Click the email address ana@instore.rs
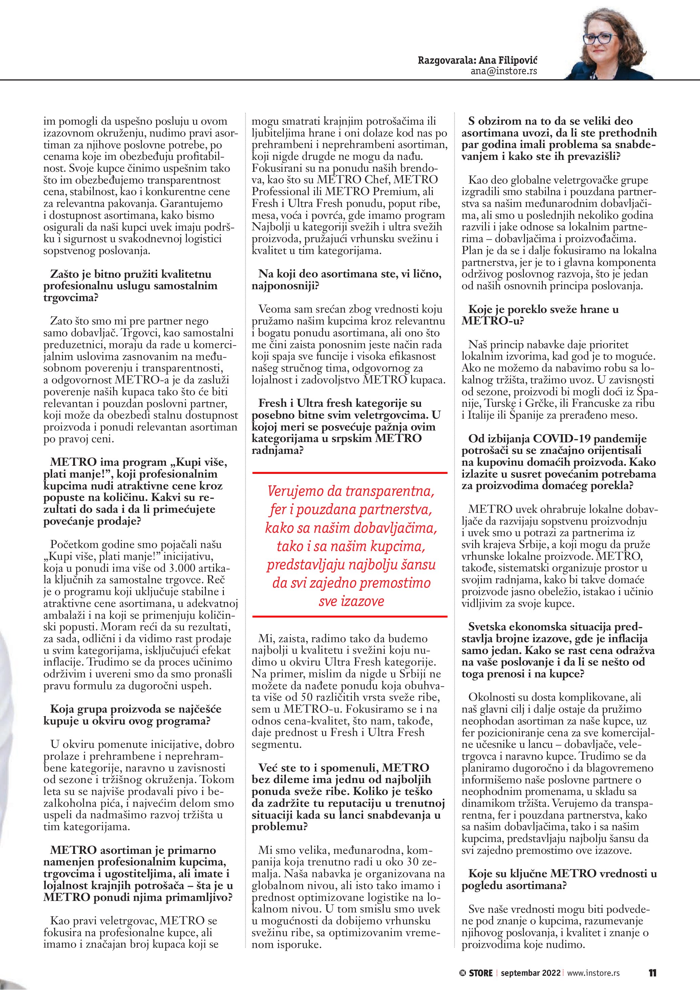point(504,71)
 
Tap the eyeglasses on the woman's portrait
point(599,38)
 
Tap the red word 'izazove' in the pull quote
point(351,601)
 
